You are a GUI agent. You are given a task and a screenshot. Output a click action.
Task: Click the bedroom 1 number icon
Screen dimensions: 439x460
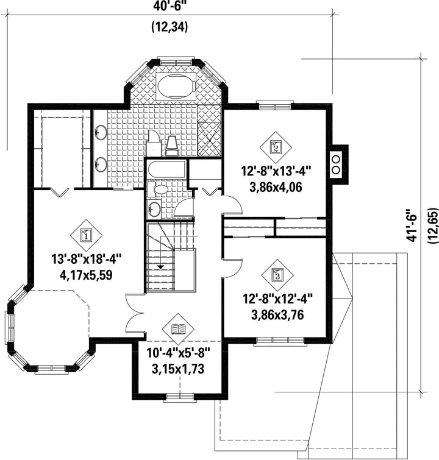86,235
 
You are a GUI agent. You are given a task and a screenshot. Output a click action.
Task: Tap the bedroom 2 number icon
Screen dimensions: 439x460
276,147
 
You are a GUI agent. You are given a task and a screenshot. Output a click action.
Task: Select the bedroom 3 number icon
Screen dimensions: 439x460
277,275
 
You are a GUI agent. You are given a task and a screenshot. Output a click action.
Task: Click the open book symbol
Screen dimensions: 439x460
179,329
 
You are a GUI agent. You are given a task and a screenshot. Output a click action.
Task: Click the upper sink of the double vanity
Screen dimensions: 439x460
101,132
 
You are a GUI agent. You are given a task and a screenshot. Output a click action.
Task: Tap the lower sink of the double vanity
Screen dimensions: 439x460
101,164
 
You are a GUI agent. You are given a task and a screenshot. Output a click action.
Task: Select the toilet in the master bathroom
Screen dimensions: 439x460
172,146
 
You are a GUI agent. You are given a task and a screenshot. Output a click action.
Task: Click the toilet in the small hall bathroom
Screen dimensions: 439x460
157,189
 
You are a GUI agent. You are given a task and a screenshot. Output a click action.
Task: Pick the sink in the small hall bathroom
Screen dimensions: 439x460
154,209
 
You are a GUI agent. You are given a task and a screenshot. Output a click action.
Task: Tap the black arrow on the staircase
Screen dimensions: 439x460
160,266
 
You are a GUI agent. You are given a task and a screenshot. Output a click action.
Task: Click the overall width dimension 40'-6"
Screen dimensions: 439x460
170,7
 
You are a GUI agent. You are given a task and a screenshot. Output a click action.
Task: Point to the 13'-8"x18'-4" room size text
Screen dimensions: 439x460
87,260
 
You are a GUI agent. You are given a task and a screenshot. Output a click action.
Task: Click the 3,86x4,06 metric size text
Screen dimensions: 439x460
276,187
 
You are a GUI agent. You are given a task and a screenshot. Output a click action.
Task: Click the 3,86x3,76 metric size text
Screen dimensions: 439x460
277,315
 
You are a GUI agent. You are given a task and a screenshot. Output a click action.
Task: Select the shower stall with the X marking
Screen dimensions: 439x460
209,138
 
